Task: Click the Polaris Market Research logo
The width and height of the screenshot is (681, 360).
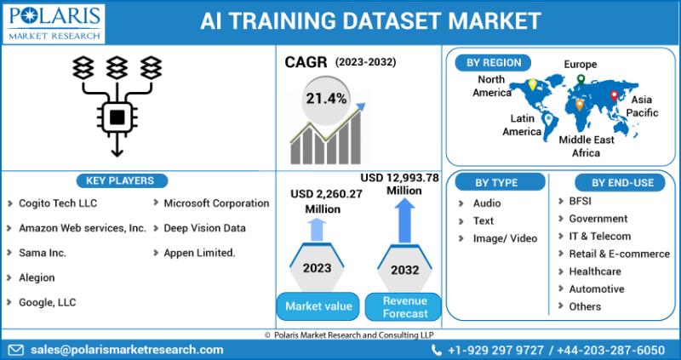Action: pos(54,23)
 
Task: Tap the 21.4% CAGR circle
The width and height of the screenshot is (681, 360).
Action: pos(326,100)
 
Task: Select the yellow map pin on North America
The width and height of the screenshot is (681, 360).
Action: pos(532,84)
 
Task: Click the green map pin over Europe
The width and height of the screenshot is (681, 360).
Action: pos(581,79)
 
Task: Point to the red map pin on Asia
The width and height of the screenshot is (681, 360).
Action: pos(614,96)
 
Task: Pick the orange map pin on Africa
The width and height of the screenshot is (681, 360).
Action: pos(579,105)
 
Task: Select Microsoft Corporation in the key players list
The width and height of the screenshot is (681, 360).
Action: pos(216,203)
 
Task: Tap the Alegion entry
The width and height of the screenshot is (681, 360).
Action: pos(37,277)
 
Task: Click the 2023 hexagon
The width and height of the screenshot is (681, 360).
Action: pos(317,266)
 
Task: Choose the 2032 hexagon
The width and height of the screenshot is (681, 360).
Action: pos(405,268)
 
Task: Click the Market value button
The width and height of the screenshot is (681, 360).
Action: pos(318,306)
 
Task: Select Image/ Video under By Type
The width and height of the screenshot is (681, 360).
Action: pos(505,238)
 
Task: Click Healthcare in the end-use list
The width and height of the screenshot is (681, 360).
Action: pos(595,271)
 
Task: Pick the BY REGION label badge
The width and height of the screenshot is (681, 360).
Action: pos(494,62)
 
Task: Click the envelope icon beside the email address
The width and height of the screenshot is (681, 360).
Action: pos(16,350)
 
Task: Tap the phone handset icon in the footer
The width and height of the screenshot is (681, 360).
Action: pos(437,350)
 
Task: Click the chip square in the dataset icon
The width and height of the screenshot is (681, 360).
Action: pos(117,117)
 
